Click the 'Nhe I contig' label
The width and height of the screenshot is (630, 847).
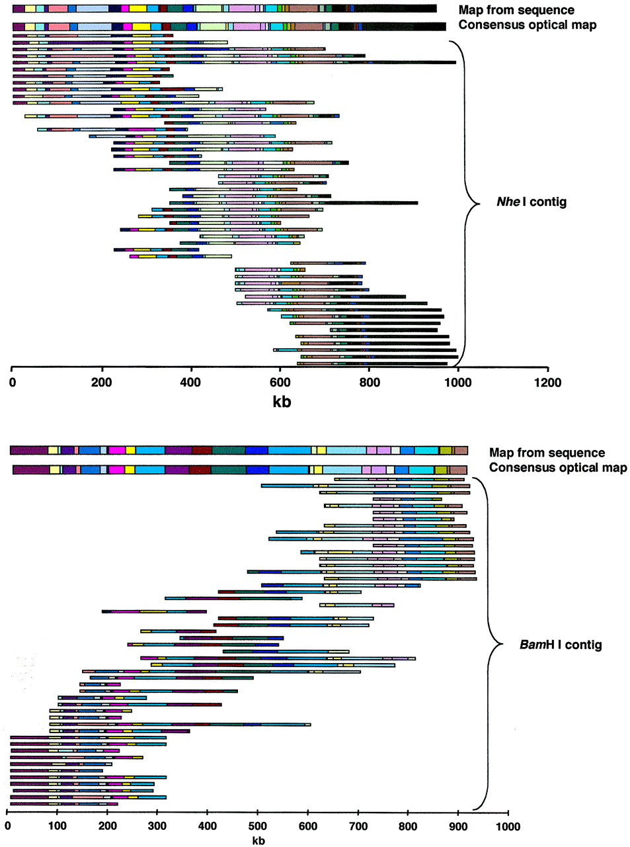coord(532,202)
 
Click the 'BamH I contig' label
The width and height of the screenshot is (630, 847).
coord(561,645)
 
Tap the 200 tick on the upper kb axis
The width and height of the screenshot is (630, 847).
coord(102,382)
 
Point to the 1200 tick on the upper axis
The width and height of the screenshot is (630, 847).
coord(547,382)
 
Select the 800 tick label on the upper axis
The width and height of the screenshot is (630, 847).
coord(370,382)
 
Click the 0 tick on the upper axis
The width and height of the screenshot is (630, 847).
coord(12,382)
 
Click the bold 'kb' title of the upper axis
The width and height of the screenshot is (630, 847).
coord(282,401)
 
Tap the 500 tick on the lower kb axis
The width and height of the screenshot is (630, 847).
coord(307,826)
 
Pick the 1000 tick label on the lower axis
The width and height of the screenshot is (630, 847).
coord(508,826)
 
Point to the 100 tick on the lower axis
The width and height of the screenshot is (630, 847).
coord(57,826)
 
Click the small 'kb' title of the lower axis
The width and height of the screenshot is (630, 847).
coord(258,841)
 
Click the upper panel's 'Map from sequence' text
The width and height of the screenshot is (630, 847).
coord(516,10)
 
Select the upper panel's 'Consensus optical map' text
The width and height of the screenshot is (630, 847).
coord(527,25)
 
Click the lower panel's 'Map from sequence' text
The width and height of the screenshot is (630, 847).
coord(547,453)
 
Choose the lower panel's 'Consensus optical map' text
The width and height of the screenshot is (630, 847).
coord(558,468)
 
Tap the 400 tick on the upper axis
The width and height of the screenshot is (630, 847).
coord(191,382)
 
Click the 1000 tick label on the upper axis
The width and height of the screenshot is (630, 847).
coord(458,382)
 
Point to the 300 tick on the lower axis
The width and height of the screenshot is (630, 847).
coord(157,826)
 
